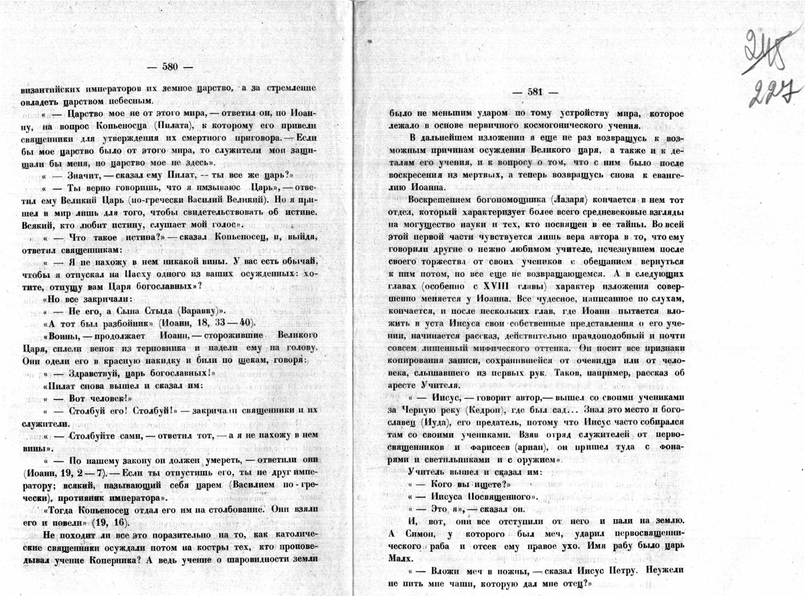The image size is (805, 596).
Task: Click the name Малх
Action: pos(400,559)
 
